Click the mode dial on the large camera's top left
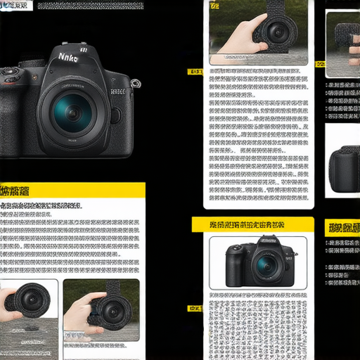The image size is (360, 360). (x=9, y=72)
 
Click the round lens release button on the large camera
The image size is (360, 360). (x=115, y=115)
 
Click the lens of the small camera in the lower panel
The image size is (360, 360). (x=266, y=264)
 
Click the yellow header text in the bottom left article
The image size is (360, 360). (x=15, y=191)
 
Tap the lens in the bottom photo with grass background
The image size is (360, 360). (x=110, y=309)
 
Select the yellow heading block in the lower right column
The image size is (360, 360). (x=342, y=227)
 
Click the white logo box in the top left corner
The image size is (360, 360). (x=15, y=5)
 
